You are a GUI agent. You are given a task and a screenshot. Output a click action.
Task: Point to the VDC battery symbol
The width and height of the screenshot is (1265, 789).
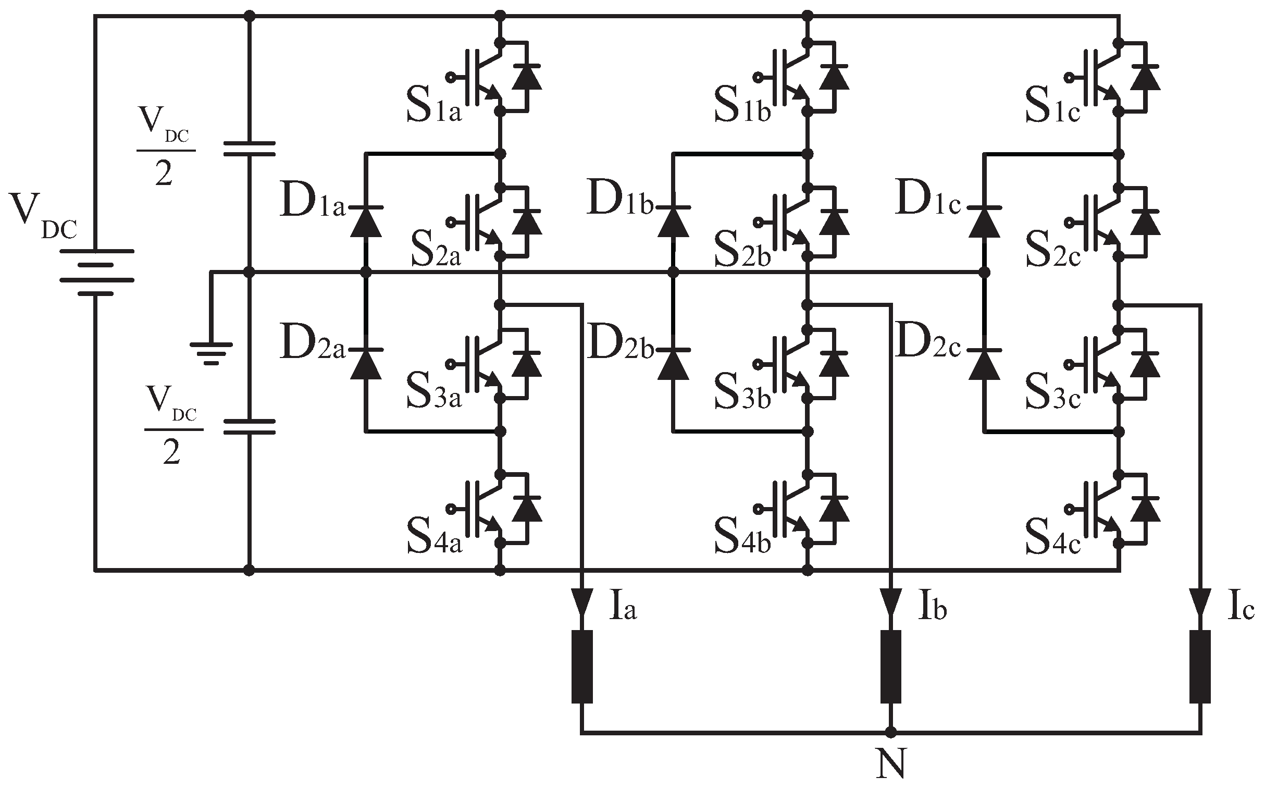(x=96, y=272)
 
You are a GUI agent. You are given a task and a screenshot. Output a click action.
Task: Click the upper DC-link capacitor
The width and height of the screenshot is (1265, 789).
(x=249, y=148)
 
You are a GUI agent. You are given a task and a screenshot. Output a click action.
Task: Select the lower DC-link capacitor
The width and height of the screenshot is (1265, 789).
(x=249, y=426)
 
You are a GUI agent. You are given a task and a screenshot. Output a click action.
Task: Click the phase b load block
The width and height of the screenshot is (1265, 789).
(x=891, y=667)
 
